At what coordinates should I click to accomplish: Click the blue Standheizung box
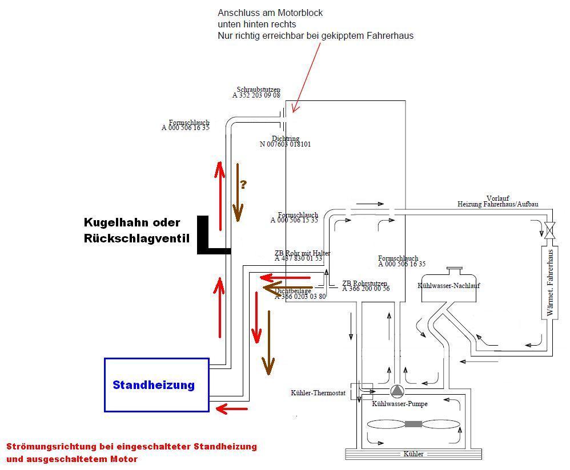pos(156,384)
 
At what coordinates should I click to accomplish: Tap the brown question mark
pos(243,184)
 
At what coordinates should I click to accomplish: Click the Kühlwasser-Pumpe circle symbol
pos(397,391)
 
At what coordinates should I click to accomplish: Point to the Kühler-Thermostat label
pos(318,393)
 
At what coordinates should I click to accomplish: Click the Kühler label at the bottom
pos(414,454)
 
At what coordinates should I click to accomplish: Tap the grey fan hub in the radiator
pos(414,424)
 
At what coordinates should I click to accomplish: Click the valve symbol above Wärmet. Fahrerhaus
pos(550,231)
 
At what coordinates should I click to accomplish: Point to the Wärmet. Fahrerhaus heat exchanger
pos(551,283)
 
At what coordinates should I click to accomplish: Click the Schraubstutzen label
pos(258,90)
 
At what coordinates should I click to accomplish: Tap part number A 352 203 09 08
pos(256,95)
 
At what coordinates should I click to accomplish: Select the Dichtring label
pos(284,139)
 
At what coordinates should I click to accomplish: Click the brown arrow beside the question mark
pos(238,193)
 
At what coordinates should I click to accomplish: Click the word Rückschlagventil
pos(136,238)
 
